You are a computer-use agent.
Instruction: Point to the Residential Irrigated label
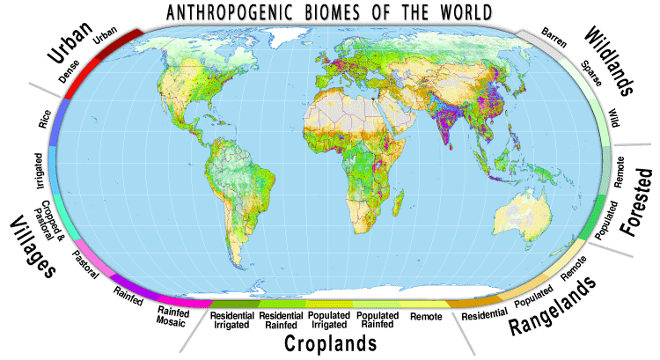pos(232,320)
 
